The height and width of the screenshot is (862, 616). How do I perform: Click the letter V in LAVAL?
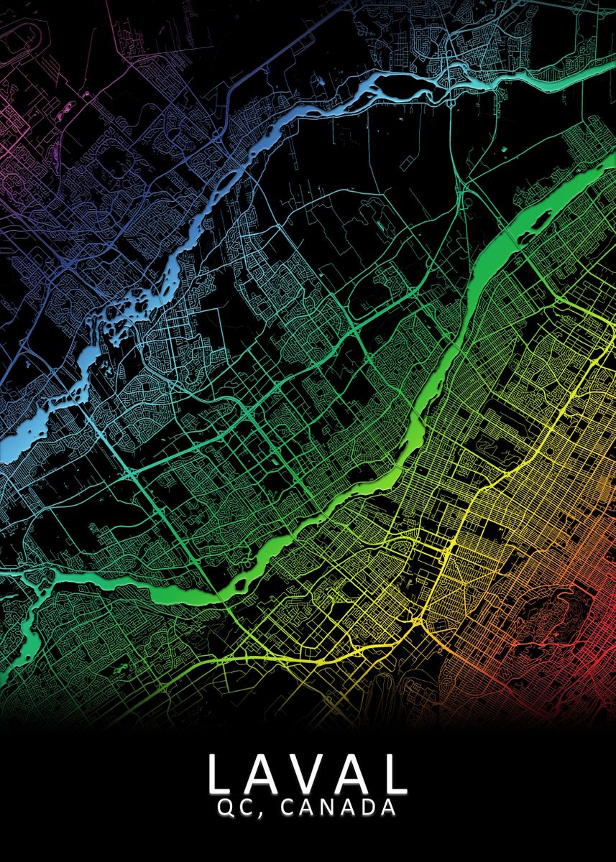tap(308, 773)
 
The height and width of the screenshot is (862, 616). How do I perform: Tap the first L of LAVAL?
tap(220, 773)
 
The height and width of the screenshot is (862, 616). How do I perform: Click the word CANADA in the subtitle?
tap(338, 808)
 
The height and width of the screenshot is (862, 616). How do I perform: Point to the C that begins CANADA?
tap(288, 808)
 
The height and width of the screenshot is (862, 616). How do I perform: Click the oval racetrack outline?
tap(18, 36)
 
